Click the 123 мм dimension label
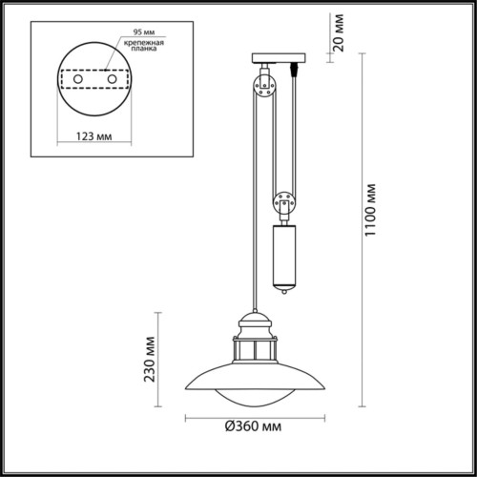[92, 136]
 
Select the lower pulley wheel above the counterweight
[284, 202]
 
